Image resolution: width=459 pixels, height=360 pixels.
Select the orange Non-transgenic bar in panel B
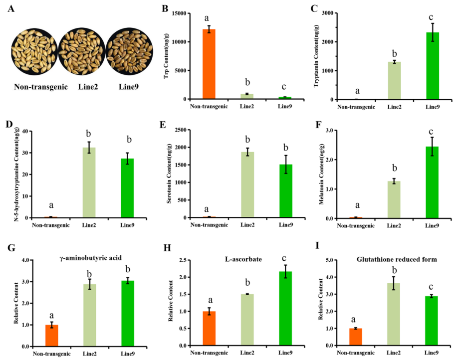[209, 64]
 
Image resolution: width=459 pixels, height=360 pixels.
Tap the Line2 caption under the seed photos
[88, 87]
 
